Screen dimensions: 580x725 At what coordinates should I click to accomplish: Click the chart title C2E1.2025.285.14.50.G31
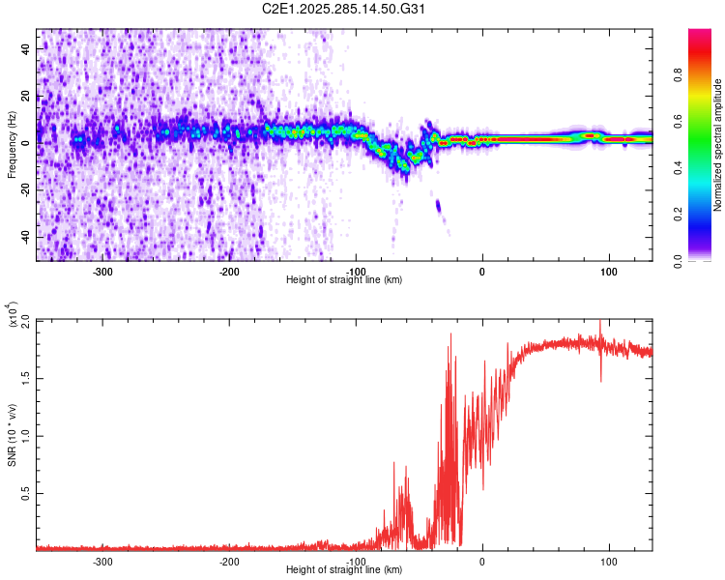click(x=344, y=10)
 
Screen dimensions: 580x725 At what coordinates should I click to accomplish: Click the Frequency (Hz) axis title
click(x=12, y=145)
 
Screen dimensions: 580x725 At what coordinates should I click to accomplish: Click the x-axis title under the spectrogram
click(x=344, y=280)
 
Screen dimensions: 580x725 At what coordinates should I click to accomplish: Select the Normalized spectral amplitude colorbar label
click(x=718, y=145)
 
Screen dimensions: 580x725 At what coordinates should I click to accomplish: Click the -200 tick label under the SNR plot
click(x=229, y=562)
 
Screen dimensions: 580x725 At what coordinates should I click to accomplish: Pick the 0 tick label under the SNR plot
click(x=482, y=562)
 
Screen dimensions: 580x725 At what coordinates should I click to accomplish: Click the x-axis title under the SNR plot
click(x=344, y=570)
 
